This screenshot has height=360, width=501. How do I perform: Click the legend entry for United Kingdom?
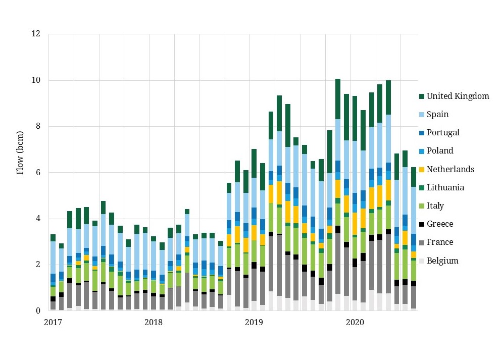pyautogui.click(x=458, y=96)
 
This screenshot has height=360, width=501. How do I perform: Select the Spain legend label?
pyautogui.click(x=437, y=114)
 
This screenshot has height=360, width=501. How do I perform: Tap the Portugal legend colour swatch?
pyautogui.click(x=420, y=133)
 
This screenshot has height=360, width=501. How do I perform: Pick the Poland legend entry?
pyautogui.click(x=440, y=150)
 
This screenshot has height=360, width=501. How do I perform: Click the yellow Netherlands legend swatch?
pyautogui.click(x=420, y=169)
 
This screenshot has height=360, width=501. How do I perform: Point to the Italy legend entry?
pyautogui.click(x=435, y=205)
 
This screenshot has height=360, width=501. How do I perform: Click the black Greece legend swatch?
pyautogui.click(x=420, y=224)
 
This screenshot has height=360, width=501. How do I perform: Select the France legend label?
pyautogui.click(x=440, y=242)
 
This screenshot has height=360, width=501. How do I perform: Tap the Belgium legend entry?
pyautogui.click(x=442, y=261)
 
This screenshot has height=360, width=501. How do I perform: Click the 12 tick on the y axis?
pyautogui.click(x=36, y=34)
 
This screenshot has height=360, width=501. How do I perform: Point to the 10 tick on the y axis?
pyautogui.click(x=36, y=80)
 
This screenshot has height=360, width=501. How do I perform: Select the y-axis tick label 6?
pyautogui.click(x=38, y=173)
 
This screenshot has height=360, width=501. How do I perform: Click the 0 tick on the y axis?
pyautogui.click(x=38, y=311)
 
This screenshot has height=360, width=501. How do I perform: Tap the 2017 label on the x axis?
pyautogui.click(x=53, y=322)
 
